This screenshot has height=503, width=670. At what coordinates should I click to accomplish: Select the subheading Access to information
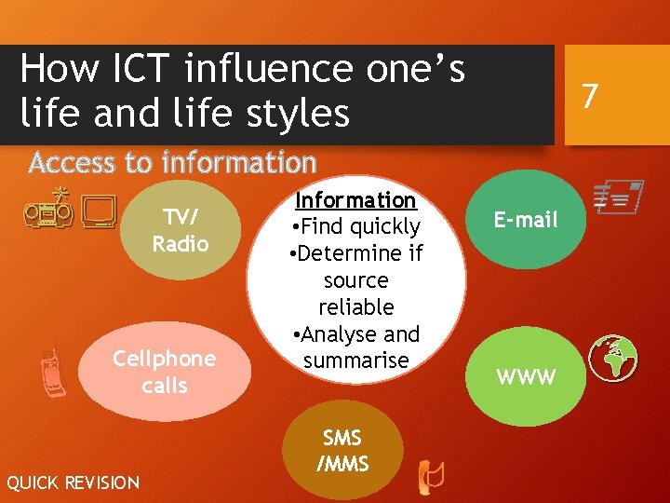click(172, 163)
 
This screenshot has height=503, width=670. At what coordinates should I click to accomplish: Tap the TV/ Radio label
click(181, 230)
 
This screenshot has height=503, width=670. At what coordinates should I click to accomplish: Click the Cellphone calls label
click(165, 372)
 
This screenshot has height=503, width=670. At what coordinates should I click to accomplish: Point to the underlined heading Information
click(355, 200)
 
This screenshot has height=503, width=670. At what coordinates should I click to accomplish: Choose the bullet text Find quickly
click(359, 226)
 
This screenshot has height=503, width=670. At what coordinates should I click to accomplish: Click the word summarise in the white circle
click(356, 360)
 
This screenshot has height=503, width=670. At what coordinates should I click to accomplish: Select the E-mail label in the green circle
click(526, 220)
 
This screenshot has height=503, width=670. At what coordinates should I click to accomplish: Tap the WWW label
click(526, 377)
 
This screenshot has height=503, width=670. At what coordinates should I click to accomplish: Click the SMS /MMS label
click(342, 451)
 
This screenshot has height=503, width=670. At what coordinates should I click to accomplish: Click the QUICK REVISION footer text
click(73, 483)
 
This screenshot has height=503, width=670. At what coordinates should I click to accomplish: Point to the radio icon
click(48, 208)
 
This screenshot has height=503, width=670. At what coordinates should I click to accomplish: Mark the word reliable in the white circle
click(356, 306)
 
